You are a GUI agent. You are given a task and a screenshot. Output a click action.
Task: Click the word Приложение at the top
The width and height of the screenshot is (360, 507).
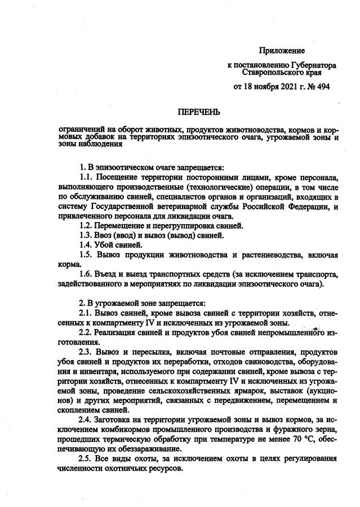(282, 51)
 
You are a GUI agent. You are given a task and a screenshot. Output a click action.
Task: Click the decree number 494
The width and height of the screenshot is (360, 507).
(322, 87)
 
